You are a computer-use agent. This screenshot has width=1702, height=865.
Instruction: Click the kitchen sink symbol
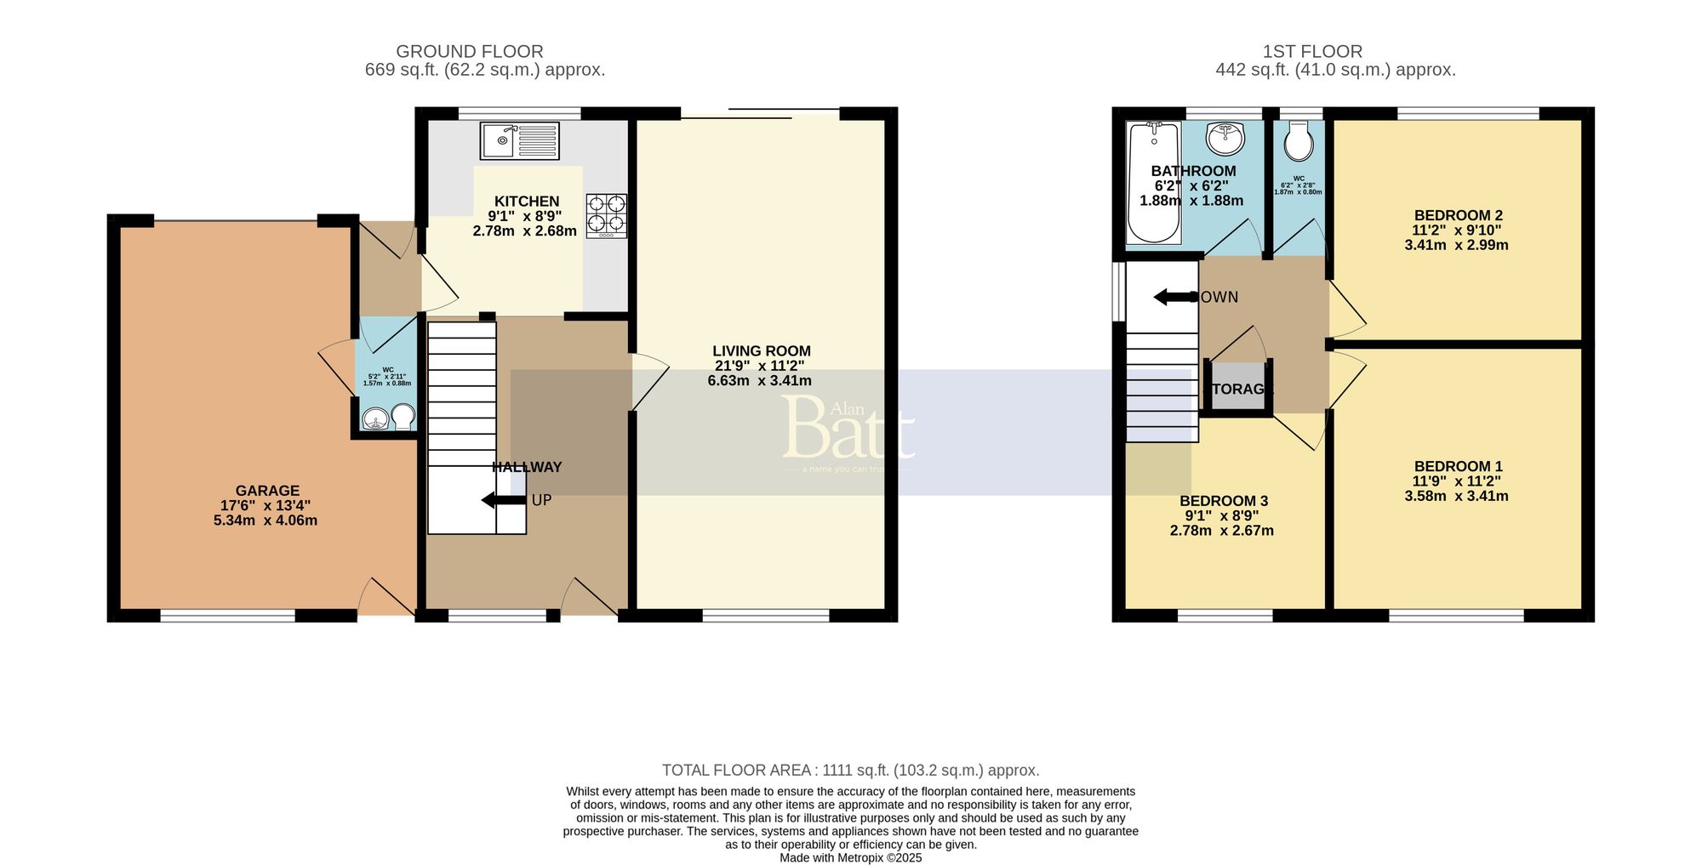point(519,140)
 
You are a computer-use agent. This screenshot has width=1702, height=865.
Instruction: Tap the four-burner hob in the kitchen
point(606,215)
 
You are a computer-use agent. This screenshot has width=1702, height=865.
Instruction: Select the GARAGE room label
point(267,491)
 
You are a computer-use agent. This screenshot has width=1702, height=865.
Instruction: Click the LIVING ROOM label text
point(761,351)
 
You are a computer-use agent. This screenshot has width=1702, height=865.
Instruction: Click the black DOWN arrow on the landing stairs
point(1174,297)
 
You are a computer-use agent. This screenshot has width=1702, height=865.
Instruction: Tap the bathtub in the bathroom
point(1152,182)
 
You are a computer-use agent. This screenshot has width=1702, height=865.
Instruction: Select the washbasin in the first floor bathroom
point(1225,137)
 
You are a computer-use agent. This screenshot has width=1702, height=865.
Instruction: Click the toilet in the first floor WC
point(1299,142)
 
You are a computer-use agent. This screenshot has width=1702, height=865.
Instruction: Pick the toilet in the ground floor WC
point(403,417)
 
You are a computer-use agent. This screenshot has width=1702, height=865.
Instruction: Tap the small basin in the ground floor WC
point(374,419)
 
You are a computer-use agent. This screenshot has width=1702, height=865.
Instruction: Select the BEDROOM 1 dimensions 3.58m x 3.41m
point(1456,496)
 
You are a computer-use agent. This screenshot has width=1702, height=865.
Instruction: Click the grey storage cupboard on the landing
point(1237,387)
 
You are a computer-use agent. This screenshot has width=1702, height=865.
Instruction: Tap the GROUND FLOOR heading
point(469,52)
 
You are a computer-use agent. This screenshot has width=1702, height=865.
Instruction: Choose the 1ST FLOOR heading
point(1312,52)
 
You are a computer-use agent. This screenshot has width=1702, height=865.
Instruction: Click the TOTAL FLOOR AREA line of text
point(850,771)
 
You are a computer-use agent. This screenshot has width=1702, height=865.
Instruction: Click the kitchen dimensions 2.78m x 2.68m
point(524,231)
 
